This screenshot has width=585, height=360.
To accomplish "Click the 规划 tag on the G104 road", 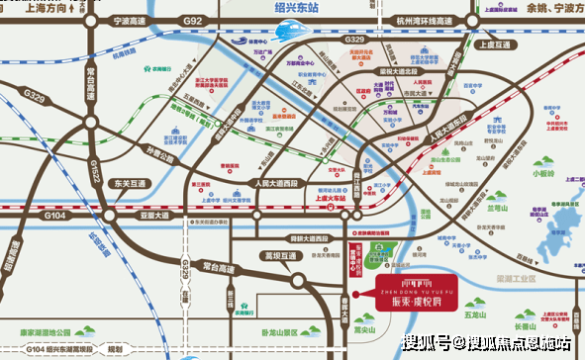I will click(116, 349).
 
